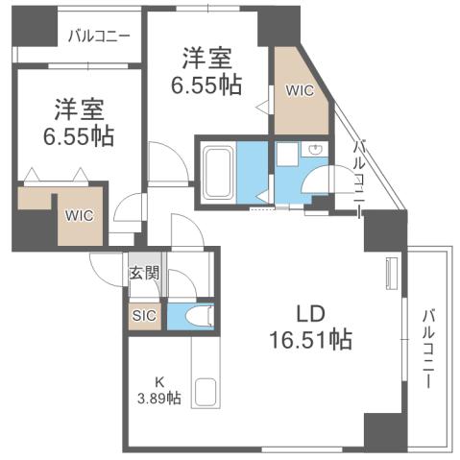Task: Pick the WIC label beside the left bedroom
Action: click(x=79, y=215)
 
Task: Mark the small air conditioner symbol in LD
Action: click(x=390, y=273)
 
